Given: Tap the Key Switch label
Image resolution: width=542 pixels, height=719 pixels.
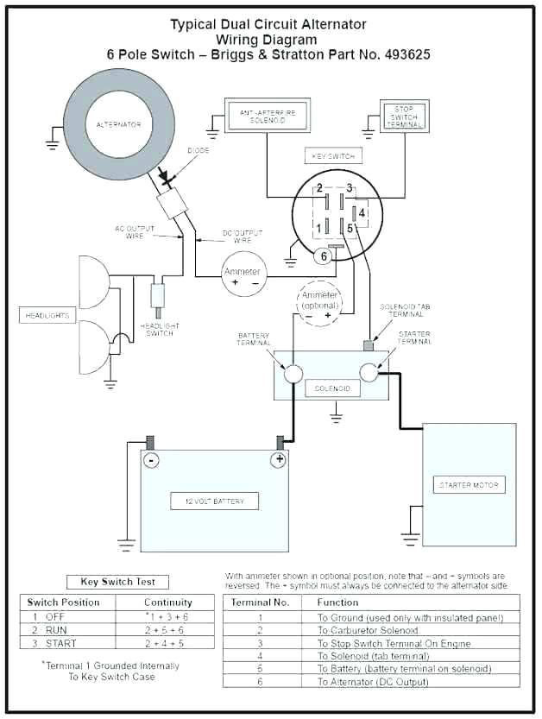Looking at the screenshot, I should click(331, 156).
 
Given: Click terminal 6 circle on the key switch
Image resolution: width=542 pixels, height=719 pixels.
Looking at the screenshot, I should click(325, 255).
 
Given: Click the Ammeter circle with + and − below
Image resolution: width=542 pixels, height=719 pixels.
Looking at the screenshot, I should click(243, 276).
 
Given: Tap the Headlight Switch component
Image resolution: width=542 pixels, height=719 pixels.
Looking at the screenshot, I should click(158, 294).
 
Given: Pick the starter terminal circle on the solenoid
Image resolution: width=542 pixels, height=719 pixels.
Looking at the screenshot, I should click(370, 372).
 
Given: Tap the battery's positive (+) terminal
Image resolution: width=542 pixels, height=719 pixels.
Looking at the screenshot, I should click(278, 460).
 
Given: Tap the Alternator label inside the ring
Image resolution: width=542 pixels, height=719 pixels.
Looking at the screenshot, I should click(118, 125).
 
